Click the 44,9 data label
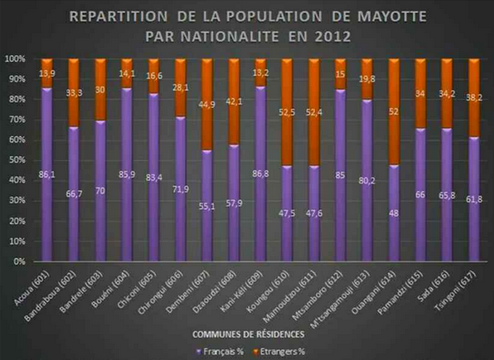(208, 105)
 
